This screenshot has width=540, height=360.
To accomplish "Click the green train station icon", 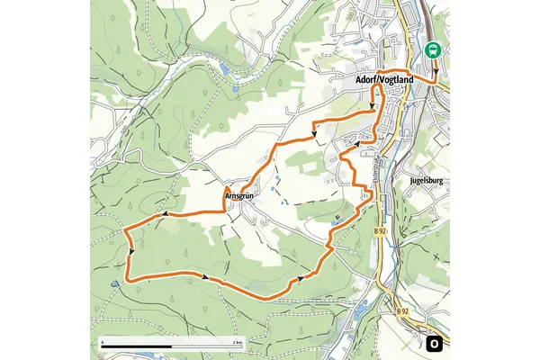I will coord(434,50).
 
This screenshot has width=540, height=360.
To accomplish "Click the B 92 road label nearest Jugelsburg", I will coord(380,231).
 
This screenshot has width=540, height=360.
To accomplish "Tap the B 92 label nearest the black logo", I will coord(401,311).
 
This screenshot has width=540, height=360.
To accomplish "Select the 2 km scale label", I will coord(237,344).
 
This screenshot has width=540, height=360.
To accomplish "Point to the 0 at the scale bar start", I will coord(103,344).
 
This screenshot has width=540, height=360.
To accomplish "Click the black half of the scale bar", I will coord(135,347).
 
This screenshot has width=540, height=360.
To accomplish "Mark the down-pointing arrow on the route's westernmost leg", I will coord(131,251).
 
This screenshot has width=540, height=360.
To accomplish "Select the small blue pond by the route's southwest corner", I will coord(115,284).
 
